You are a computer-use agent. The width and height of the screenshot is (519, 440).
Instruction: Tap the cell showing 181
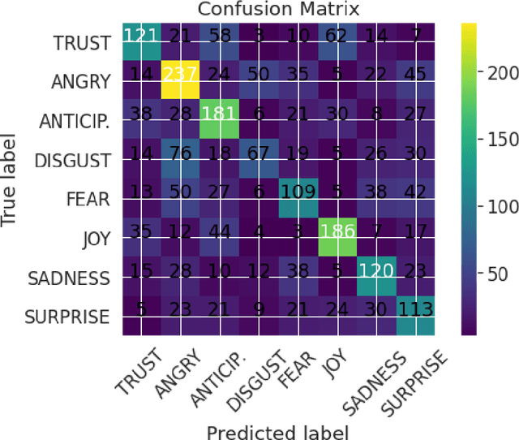pos(220,115)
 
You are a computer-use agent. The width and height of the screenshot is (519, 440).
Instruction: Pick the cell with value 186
pos(336,231)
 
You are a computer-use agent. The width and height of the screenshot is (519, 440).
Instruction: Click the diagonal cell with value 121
pos(142,37)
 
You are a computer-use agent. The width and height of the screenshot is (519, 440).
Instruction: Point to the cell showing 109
pos(297,192)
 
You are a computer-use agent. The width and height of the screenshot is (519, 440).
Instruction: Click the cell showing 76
pos(181,154)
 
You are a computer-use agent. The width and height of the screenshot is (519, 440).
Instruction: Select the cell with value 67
pos(258,154)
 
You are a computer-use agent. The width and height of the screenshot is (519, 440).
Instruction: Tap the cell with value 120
pos(375,270)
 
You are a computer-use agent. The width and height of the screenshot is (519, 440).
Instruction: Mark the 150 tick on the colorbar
pos(491,139)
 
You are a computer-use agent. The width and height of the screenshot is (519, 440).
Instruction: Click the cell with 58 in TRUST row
pos(220,37)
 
